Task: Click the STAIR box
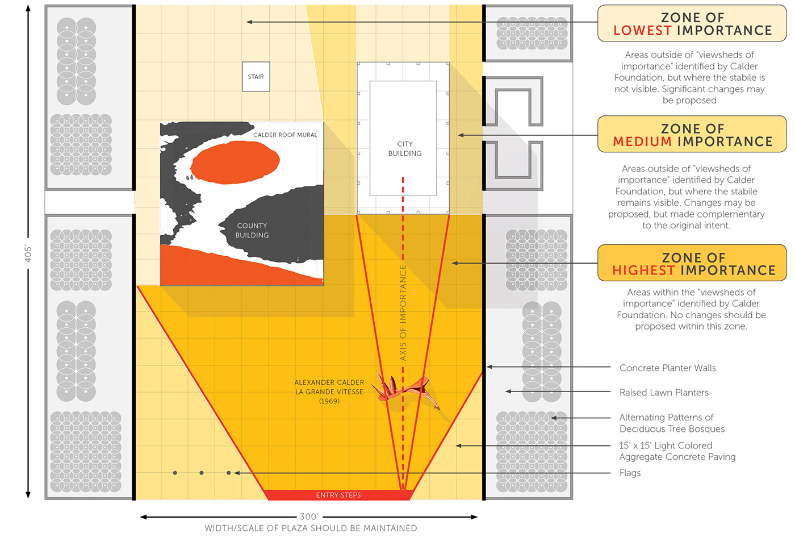(256, 77)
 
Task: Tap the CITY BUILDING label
(404, 148)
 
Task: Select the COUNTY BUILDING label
(252, 230)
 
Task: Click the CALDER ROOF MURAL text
(285, 135)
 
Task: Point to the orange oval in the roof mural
(235, 162)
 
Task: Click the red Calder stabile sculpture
(408, 390)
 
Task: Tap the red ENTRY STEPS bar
(338, 495)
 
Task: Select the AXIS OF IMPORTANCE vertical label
(403, 313)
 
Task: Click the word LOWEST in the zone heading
(642, 31)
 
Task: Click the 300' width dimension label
(309, 517)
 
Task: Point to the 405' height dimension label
(28, 254)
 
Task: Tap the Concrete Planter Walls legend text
(668, 368)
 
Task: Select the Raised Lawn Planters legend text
(664, 393)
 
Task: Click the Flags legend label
(630, 473)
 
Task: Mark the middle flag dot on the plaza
(202, 473)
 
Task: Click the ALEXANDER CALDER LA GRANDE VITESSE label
(329, 392)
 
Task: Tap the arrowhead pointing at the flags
(237, 473)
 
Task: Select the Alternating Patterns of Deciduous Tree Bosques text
(672, 423)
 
